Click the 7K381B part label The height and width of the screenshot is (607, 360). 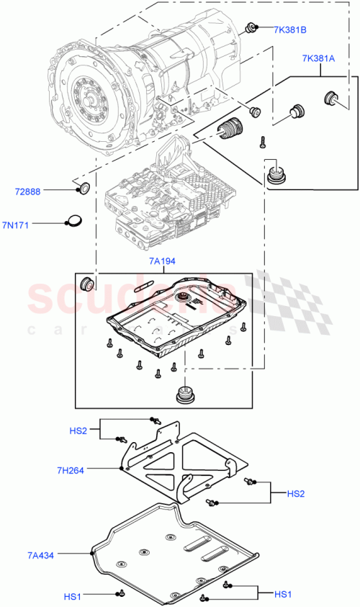point(290,30)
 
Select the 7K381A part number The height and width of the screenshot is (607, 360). point(318,59)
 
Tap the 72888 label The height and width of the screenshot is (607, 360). point(28,192)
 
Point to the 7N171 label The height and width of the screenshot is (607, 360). point(28,225)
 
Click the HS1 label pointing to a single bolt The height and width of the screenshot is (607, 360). point(73,595)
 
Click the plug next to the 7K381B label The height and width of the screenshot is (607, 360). point(252,28)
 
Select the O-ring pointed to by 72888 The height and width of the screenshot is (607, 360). point(84,189)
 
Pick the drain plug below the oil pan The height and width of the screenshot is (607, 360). point(186,395)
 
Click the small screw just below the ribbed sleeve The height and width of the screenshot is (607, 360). point(264,143)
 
